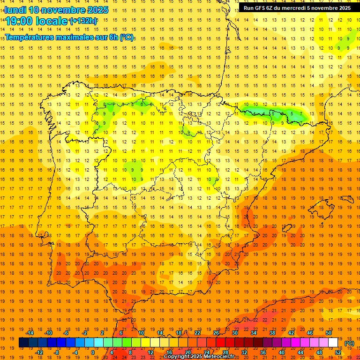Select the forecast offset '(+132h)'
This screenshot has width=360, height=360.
(x=83, y=21)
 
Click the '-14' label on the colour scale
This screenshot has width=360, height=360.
(x=30, y=333)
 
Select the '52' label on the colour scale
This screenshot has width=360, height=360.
(x=338, y=352)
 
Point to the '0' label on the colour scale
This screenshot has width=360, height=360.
(x=93, y=352)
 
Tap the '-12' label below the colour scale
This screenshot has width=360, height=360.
(x=39, y=352)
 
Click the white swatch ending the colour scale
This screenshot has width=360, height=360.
(x=333, y=343)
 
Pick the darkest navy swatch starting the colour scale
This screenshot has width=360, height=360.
(x=23, y=343)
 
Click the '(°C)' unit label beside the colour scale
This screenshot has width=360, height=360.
(x=349, y=343)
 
